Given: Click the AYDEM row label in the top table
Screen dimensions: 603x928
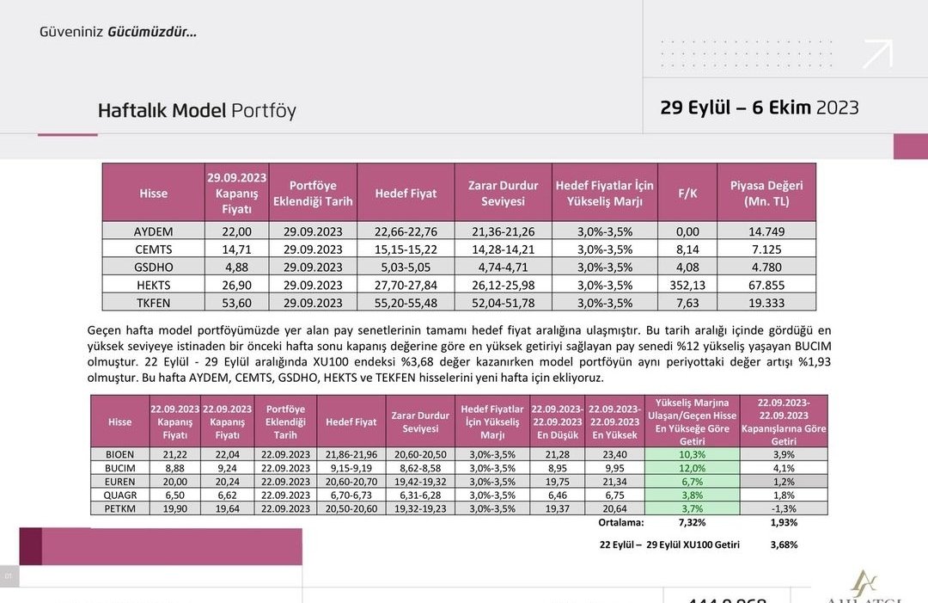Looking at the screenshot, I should pyautogui.click(x=154, y=231).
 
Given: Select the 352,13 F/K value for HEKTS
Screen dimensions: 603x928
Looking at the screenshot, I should pyautogui.click(x=687, y=285).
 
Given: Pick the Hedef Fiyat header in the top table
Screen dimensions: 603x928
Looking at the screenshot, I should pyautogui.click(x=406, y=194).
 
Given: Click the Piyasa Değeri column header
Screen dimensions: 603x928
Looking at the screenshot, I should pyautogui.click(x=766, y=194).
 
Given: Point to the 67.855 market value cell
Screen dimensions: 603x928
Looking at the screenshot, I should pyautogui.click(x=766, y=285).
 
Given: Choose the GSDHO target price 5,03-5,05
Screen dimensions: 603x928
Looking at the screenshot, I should pyautogui.click(x=406, y=267).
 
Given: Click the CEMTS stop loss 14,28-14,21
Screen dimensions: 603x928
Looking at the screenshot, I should pyautogui.click(x=503, y=249).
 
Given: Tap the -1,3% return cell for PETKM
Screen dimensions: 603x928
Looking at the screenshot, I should pyautogui.click(x=784, y=508).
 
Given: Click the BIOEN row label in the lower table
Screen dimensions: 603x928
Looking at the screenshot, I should pyautogui.click(x=120, y=453).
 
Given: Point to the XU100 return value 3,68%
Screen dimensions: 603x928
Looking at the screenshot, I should pyautogui.click(x=784, y=545).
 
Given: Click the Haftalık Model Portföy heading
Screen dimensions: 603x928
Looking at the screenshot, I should pyautogui.click(x=197, y=111).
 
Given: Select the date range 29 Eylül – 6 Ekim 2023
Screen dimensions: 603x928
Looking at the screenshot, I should pyautogui.click(x=760, y=108).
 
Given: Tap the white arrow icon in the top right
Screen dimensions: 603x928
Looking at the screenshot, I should pyautogui.click(x=877, y=53).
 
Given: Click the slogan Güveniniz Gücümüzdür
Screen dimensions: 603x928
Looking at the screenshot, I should pyautogui.click(x=118, y=32).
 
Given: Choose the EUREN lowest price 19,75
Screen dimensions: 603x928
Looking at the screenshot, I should pyautogui.click(x=558, y=481).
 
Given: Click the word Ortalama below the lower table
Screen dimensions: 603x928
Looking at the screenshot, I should pyautogui.click(x=621, y=522).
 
